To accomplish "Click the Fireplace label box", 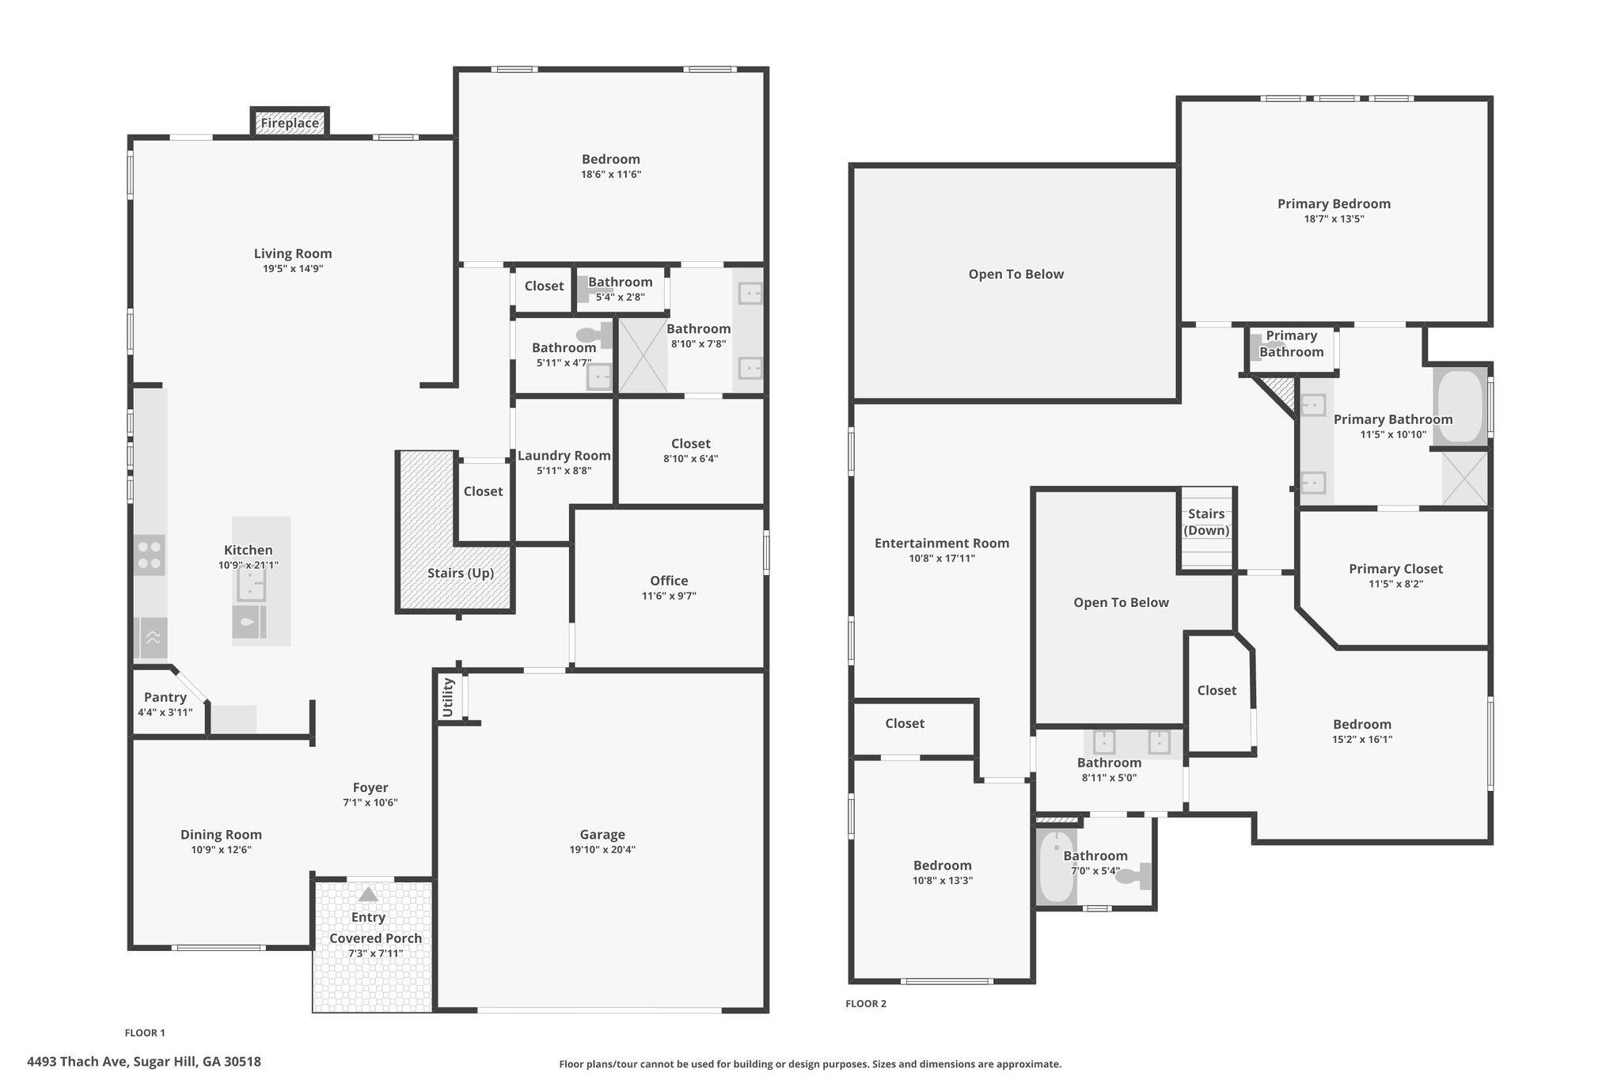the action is coord(290,123).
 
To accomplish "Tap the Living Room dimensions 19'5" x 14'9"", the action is coord(293,269).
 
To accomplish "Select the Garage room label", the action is coord(602,834).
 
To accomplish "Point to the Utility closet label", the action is coord(448,697).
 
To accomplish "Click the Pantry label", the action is coord(165,698).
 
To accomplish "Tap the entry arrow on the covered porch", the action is coord(368,895).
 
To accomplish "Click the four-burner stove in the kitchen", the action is coord(150,555).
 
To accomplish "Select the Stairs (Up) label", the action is coord(461,573).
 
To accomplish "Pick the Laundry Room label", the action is coord(564,456).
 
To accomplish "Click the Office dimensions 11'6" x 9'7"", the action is coord(669,597).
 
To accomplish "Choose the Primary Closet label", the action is coord(1396,569).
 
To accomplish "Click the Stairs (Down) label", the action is coord(1206,522).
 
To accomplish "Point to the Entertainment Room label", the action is coord(942,543).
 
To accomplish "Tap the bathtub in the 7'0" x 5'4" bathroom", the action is coord(1056,866).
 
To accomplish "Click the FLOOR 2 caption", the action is coord(866,1004).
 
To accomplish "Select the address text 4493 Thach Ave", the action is coord(78,1062).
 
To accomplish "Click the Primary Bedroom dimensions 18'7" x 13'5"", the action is coord(1334,219).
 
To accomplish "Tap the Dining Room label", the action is coord(221,835).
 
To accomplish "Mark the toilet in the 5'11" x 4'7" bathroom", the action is coord(595,335).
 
